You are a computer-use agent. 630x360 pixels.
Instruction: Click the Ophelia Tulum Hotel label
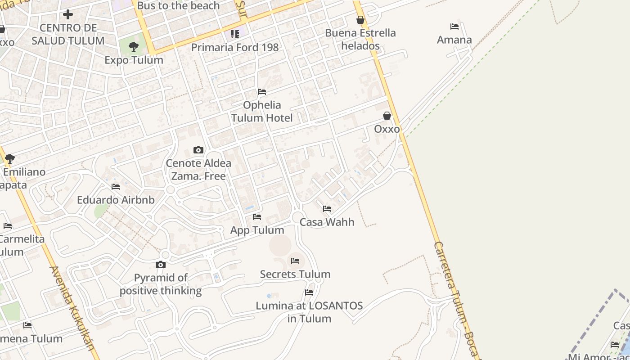(262, 112)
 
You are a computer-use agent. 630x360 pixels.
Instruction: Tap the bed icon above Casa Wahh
(327, 209)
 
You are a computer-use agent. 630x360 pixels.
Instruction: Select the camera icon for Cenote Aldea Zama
(198, 150)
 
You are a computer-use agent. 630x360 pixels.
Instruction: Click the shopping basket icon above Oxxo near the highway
(387, 116)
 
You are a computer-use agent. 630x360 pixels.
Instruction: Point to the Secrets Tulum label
(295, 274)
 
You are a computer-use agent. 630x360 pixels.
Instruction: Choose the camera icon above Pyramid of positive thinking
(161, 265)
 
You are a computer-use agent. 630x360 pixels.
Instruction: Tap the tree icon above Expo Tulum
(134, 46)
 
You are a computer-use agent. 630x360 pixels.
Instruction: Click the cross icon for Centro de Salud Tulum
(68, 14)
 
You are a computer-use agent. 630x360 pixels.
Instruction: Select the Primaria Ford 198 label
(235, 47)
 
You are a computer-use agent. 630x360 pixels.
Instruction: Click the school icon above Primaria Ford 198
(235, 34)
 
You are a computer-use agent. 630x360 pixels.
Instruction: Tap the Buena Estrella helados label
(360, 39)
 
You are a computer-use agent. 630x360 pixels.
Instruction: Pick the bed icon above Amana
(454, 27)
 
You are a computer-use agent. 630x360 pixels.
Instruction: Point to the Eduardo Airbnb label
(116, 200)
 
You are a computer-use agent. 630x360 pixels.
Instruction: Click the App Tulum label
(257, 230)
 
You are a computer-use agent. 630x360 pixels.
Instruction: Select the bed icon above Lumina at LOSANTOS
(309, 292)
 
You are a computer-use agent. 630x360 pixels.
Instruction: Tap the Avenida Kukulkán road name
(73, 308)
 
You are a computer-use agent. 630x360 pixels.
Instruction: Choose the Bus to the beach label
(178, 6)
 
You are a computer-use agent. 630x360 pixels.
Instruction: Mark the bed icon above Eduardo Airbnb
(116, 187)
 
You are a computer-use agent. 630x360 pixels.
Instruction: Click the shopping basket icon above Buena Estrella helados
(360, 20)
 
